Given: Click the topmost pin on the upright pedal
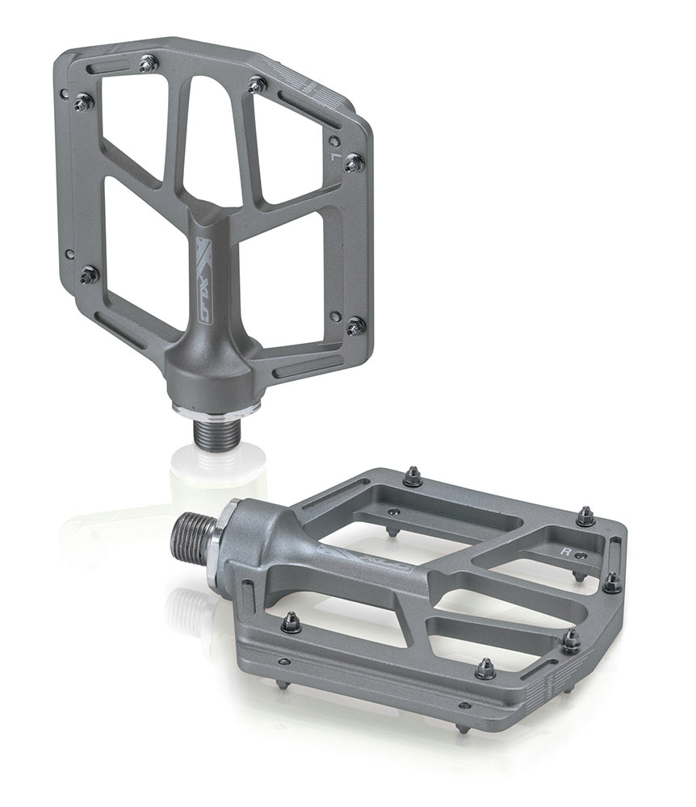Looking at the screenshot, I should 149,64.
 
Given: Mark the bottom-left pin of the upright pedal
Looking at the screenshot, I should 88,275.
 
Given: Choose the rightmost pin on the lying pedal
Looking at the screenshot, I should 612,583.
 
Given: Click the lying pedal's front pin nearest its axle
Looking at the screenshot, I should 290,622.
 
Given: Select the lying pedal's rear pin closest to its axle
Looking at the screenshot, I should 413,477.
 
